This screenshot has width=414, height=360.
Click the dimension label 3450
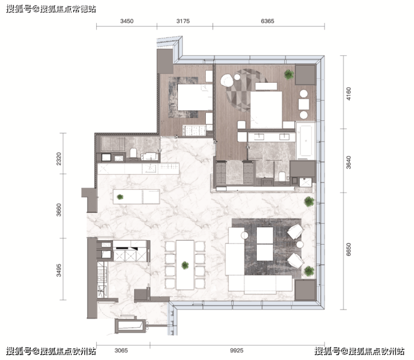(x=127, y=21)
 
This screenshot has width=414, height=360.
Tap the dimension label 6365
(x=267, y=21)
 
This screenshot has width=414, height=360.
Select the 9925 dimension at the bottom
(x=237, y=350)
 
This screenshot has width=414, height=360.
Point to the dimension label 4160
(x=349, y=94)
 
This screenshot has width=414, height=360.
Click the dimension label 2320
(x=59, y=158)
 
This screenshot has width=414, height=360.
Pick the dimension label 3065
(x=121, y=350)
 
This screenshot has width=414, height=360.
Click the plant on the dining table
(x=185, y=265)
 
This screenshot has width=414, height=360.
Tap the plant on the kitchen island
(x=120, y=197)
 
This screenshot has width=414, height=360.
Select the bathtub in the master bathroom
(x=305, y=141)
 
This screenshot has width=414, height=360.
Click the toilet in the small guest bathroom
(x=133, y=153)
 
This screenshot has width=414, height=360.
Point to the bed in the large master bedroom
(x=266, y=109)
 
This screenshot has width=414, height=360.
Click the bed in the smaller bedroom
(x=195, y=97)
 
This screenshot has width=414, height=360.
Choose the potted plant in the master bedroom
(x=289, y=74)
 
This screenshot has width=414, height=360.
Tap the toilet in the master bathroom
(x=283, y=176)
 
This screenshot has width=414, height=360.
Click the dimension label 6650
(x=349, y=250)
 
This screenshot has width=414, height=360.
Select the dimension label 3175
(x=183, y=21)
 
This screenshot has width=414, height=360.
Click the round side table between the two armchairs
(x=300, y=244)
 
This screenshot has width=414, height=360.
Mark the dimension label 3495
(x=59, y=270)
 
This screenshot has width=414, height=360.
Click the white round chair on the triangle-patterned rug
(x=227, y=81)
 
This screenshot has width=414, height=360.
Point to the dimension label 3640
(x=349, y=162)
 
